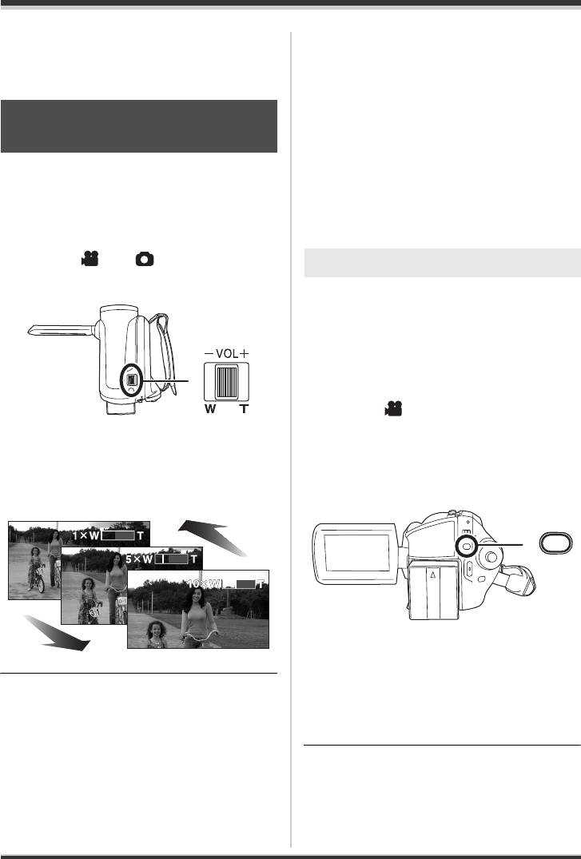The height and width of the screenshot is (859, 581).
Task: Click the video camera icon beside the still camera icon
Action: (x=90, y=259)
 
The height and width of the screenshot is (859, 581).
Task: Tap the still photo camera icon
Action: (x=145, y=259)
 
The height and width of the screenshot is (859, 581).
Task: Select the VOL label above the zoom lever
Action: (x=227, y=354)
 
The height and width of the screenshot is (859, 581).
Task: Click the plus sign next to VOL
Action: (x=244, y=354)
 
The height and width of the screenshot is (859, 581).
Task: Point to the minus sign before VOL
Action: (x=209, y=354)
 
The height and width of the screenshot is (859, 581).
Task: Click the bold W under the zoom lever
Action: (x=210, y=408)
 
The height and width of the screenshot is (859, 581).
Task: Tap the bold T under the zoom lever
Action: (x=244, y=408)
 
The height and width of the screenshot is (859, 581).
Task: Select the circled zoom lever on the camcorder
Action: (x=131, y=380)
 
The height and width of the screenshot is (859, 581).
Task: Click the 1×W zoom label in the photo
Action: (x=86, y=535)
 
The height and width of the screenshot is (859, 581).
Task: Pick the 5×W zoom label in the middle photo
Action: (x=139, y=560)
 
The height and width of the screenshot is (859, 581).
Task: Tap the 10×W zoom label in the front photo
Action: (x=204, y=585)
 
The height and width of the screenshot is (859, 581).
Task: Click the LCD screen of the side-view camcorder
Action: (x=356, y=553)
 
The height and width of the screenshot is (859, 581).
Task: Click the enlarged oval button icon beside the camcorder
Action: (x=555, y=544)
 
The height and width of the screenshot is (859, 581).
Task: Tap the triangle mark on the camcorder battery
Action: (x=432, y=575)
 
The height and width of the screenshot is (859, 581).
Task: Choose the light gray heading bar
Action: (x=442, y=262)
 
